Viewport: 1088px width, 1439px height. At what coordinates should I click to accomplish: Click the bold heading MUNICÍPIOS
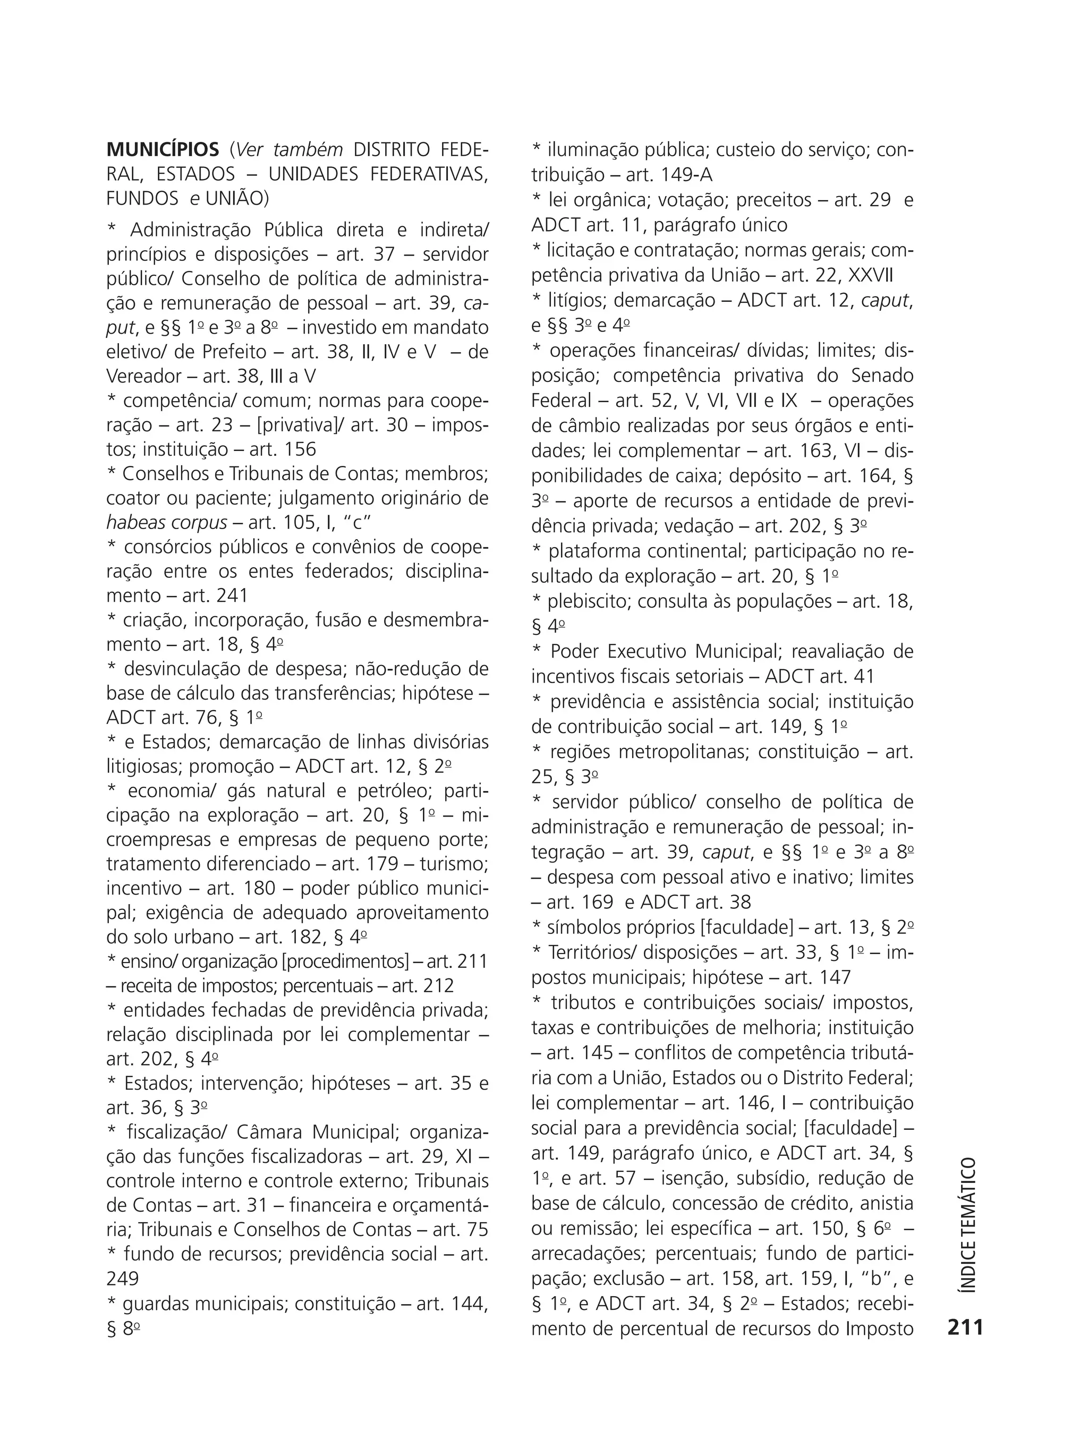(163, 150)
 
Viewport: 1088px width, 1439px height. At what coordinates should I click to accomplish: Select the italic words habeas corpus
(167, 523)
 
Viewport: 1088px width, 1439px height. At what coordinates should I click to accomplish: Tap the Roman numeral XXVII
(871, 276)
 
